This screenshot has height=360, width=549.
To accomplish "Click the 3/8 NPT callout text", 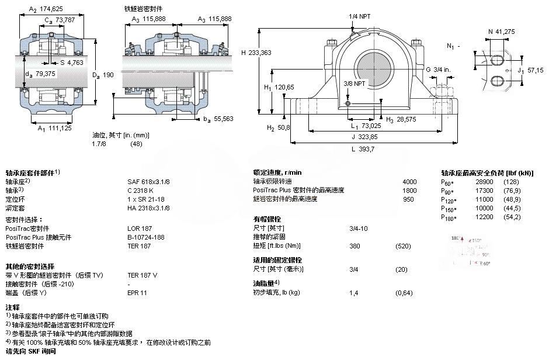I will click(x=355, y=84).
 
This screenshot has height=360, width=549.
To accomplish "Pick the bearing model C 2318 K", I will click(x=141, y=190).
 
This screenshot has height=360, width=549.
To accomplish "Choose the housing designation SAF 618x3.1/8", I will click(x=149, y=181).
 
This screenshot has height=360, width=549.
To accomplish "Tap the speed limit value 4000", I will click(x=409, y=181).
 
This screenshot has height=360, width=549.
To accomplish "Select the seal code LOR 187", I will click(x=139, y=228).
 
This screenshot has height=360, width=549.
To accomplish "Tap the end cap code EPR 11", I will click(x=137, y=293).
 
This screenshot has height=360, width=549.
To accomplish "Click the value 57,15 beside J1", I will click(x=536, y=70).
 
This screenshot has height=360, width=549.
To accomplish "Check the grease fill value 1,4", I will click(x=353, y=293).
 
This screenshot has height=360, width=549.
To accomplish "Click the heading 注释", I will click(x=13, y=307).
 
